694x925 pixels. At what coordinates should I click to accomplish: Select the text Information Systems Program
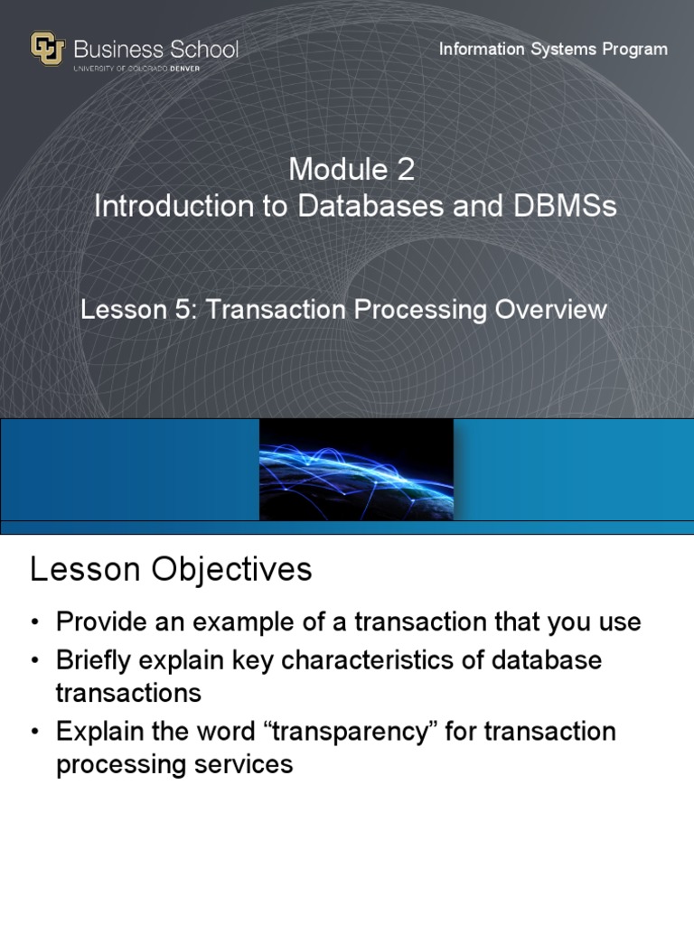pos(553,49)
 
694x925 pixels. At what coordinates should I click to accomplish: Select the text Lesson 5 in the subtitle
pos(136,310)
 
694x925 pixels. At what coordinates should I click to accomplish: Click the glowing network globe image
pos(356,470)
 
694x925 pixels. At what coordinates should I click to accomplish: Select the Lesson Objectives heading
pos(171,570)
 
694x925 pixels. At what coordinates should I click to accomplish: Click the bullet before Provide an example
pos(34,623)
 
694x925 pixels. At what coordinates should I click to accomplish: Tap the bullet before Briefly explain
pos(34,661)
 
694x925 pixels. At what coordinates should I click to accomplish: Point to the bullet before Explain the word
pos(34,732)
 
